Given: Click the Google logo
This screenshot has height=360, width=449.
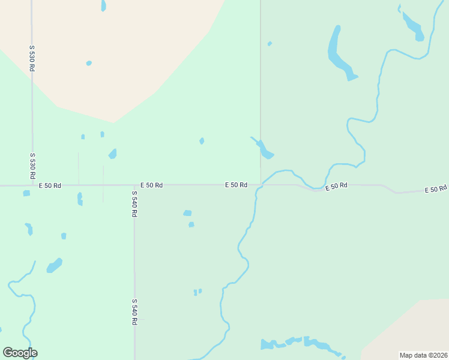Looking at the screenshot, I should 20,353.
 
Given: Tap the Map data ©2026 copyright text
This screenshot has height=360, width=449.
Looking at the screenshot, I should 423,355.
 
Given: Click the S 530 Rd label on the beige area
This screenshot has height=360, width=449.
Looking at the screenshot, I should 32,58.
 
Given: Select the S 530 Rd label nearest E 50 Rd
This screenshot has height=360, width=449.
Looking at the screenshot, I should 32,166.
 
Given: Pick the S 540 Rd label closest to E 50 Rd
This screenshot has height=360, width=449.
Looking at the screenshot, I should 134,205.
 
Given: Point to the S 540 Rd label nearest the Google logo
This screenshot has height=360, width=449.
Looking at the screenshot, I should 134,312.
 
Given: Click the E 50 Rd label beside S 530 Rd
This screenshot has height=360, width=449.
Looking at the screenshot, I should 50,185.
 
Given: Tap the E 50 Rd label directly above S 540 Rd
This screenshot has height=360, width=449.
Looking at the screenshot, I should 151,185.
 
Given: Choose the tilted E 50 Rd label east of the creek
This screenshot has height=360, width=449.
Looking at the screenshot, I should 337,187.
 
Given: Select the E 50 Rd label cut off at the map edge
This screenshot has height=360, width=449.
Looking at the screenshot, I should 436,190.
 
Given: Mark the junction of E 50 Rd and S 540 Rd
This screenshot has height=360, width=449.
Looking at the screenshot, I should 134,185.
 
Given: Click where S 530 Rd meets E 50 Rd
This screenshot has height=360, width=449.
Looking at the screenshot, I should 32,185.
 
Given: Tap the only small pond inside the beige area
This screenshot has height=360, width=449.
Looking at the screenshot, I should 89,63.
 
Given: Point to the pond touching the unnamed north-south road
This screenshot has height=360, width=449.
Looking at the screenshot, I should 264,149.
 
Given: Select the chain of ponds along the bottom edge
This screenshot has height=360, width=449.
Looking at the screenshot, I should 300,344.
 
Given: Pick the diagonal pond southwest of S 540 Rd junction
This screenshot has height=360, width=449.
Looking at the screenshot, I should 55,265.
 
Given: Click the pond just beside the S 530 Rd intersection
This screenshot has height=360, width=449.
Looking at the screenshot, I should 26,193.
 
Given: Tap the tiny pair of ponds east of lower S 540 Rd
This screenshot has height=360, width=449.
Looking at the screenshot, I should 197,292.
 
